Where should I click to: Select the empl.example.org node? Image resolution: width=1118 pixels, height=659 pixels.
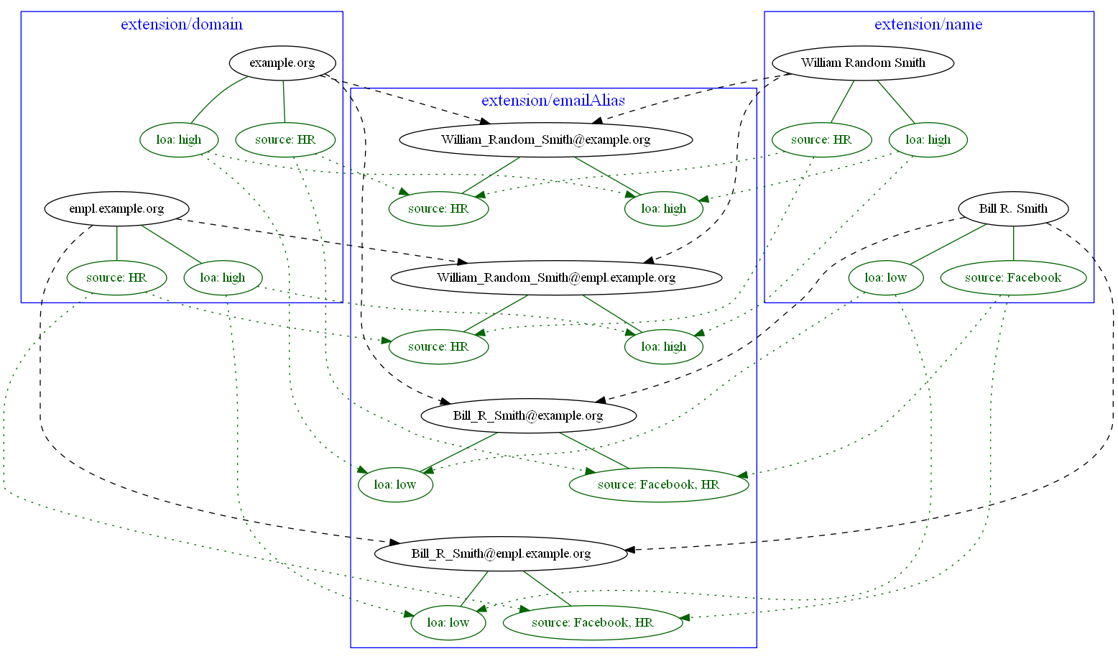click(116, 209)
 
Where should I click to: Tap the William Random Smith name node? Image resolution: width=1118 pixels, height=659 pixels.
click(863, 63)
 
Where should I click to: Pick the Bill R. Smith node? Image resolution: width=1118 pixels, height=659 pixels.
click(1013, 209)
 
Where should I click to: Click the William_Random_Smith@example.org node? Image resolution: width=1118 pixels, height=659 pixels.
click(545, 139)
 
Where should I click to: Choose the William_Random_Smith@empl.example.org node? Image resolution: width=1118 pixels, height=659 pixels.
click(556, 277)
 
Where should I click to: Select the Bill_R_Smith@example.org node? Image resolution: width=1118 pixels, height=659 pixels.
click(528, 415)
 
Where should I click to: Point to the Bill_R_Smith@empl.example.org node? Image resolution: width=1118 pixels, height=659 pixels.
click(501, 553)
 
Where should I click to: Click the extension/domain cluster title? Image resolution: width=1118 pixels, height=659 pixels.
click(182, 24)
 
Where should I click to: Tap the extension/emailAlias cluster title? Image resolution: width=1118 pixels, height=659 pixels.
click(553, 101)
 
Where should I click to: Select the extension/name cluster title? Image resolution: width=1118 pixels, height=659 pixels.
click(928, 24)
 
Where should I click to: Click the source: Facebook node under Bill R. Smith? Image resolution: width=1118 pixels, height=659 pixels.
click(1013, 277)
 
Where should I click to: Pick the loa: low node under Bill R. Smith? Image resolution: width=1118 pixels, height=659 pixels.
click(885, 277)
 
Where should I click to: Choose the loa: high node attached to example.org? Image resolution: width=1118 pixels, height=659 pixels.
click(179, 139)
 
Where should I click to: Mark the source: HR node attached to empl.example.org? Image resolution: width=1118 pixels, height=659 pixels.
click(116, 277)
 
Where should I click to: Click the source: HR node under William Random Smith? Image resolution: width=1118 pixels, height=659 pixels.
click(821, 139)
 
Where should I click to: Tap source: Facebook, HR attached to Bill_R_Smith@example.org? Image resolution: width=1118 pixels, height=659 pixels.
click(658, 484)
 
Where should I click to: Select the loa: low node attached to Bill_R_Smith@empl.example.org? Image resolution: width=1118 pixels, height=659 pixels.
click(448, 622)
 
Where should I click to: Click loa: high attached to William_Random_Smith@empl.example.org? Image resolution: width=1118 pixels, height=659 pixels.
click(663, 346)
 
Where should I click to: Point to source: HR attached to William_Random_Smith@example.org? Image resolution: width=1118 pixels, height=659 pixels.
click(438, 208)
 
